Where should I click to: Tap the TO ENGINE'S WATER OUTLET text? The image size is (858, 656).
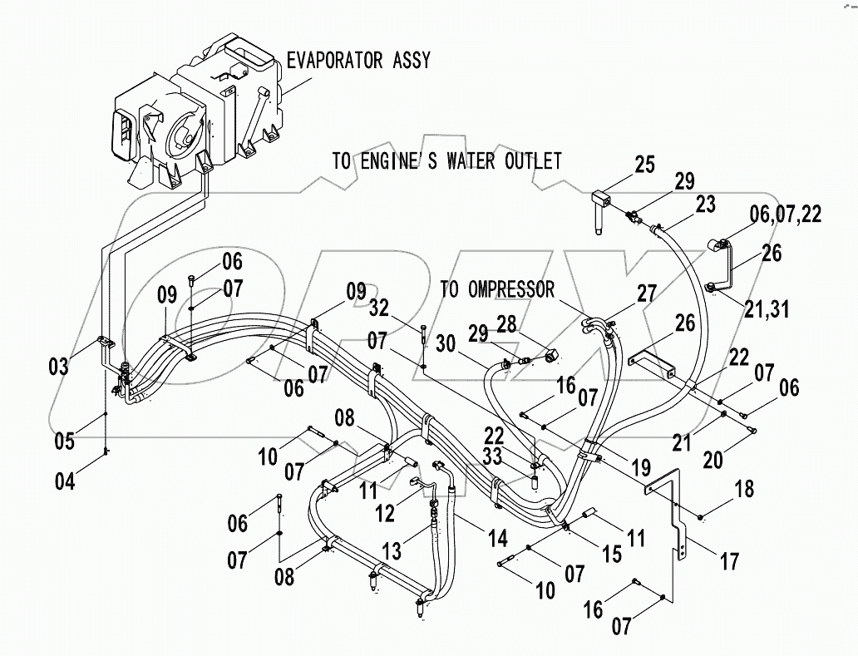(x=446, y=161)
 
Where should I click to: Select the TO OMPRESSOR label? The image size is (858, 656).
(x=497, y=290)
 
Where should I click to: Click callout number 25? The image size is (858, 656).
(x=645, y=165)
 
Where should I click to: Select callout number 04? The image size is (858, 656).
(x=65, y=481)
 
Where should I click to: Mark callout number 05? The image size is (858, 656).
(x=65, y=440)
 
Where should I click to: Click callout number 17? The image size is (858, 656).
(x=728, y=563)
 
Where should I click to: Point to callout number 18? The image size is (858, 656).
(x=744, y=489)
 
